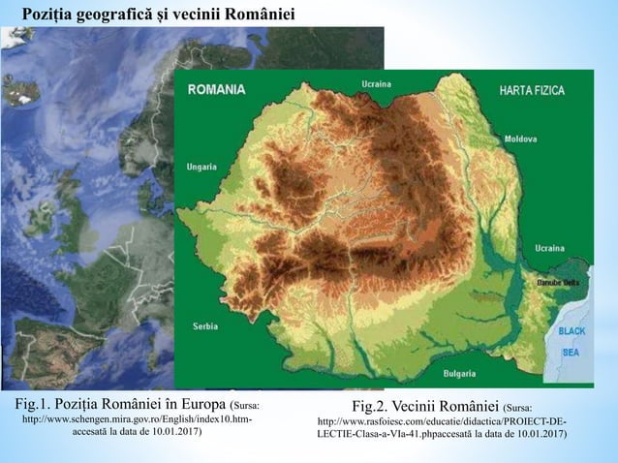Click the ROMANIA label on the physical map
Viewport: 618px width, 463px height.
coord(216,89)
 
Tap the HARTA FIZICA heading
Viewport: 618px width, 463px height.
coord(532,89)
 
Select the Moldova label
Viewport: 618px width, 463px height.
coord(520,139)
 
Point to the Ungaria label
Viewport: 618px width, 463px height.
coord(201,164)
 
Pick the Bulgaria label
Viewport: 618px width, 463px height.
coord(459,372)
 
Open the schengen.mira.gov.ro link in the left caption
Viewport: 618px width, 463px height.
coord(136,418)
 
